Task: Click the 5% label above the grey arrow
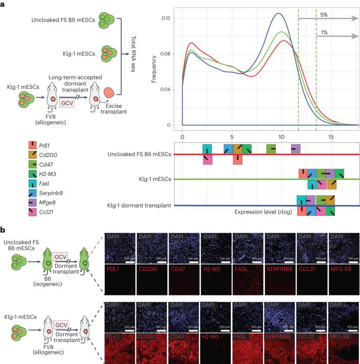pos(323,14)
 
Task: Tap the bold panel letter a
pos(4,4)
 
